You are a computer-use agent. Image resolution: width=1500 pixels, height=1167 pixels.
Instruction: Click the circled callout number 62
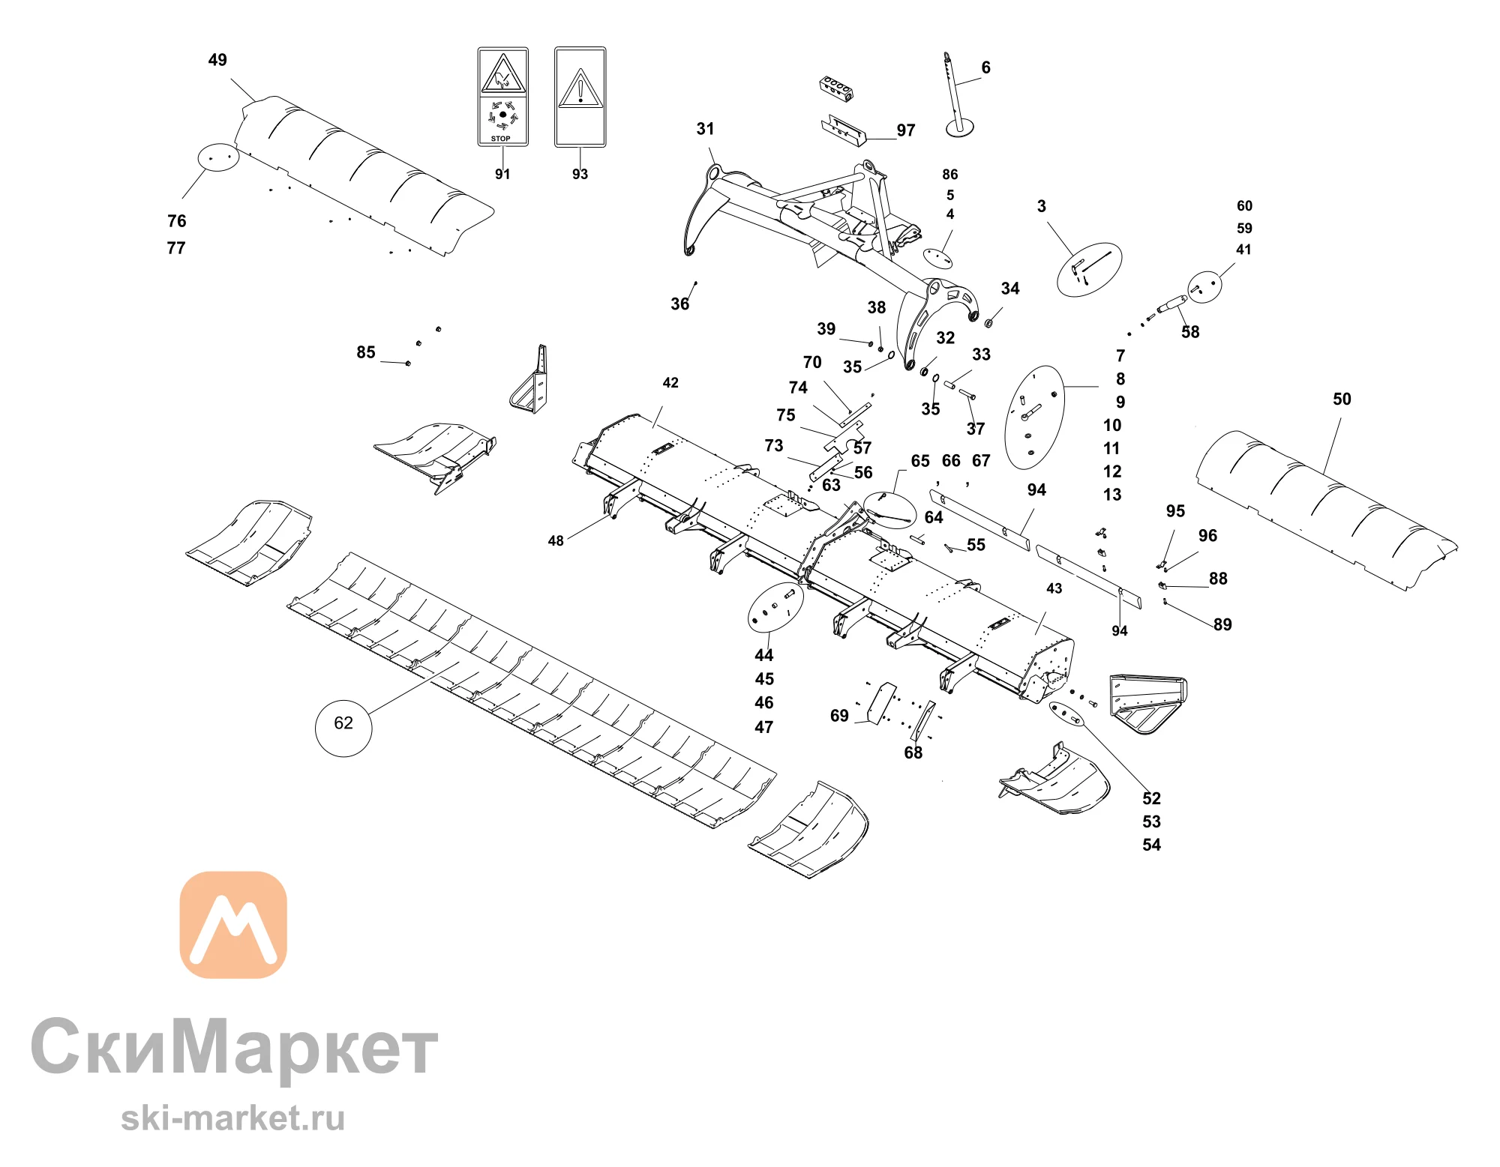coord(343,723)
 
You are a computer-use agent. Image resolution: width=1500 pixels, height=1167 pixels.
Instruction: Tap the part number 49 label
coord(217,60)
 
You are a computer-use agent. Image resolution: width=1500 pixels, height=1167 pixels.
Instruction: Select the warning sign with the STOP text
coord(503,97)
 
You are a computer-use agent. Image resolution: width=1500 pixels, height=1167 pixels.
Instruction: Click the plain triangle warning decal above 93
coord(580,97)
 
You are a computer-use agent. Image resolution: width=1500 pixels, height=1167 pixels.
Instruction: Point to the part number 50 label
coord(1342,399)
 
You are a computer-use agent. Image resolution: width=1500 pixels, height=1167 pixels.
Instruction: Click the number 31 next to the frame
coord(705,129)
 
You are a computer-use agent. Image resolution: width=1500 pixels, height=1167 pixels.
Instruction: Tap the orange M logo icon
coord(233,924)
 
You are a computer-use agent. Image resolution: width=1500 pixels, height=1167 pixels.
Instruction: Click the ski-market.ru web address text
coord(232,1118)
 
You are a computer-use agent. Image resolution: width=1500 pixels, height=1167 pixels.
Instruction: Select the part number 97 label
coord(906,130)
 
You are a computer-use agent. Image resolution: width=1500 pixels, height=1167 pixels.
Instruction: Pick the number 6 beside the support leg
coord(985,67)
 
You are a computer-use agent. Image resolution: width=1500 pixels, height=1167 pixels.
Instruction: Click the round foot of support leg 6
coord(960,129)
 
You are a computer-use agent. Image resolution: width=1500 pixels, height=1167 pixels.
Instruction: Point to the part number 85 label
coord(366,352)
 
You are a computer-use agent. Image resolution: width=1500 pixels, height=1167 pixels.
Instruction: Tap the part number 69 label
coord(839,716)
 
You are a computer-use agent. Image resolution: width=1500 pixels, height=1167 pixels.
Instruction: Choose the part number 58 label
coord(1190,332)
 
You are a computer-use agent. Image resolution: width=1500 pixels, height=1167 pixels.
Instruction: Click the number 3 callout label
coord(1041,206)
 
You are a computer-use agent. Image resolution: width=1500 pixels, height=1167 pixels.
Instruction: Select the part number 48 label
coord(556,541)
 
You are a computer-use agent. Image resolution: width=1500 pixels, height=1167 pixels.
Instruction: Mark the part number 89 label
coord(1222,624)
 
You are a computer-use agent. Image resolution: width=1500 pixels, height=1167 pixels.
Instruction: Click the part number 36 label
coord(679,304)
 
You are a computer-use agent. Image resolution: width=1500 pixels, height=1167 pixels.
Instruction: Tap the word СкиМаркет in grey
coord(234,1047)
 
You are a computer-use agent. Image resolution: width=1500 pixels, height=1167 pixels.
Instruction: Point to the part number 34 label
coord(1010,289)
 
